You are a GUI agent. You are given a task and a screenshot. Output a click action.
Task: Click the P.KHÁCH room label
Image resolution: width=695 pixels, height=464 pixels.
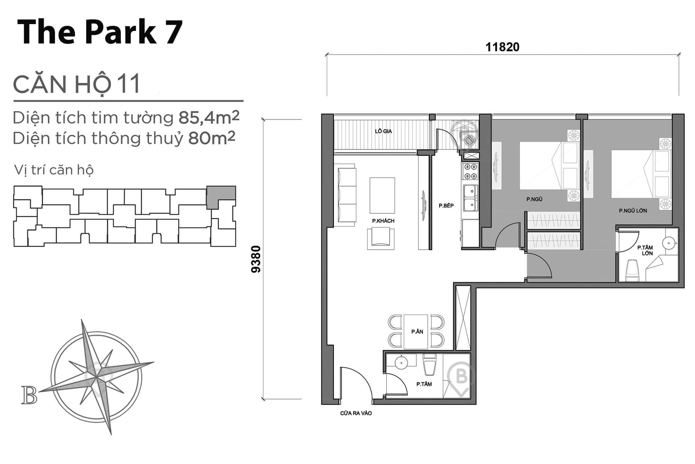click(383, 221)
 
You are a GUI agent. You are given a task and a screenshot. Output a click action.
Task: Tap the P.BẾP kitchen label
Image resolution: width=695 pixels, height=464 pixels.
click(446, 206)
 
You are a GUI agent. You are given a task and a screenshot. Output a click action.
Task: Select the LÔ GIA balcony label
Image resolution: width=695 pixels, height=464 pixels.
click(383, 131)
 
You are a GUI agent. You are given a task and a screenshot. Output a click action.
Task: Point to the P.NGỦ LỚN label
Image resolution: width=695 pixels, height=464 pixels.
click(633, 211)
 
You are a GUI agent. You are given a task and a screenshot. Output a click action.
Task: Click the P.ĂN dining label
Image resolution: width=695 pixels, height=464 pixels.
click(417, 332)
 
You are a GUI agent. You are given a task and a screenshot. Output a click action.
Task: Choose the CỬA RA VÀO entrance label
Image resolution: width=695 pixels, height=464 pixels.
click(356, 413)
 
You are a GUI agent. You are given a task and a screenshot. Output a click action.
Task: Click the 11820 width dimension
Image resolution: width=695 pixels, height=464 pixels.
click(502, 47)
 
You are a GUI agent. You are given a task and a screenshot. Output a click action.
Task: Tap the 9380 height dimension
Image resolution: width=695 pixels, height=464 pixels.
click(257, 259)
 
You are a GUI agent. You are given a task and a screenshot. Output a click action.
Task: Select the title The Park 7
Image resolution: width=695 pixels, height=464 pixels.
click(100, 32)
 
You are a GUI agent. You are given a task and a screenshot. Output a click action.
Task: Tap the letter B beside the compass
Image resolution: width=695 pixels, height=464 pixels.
click(29, 395)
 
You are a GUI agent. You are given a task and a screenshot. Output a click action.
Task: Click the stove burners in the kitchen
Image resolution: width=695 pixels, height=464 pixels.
click(470, 172)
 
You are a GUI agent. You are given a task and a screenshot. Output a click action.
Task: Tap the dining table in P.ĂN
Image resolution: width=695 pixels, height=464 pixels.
click(416, 332)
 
